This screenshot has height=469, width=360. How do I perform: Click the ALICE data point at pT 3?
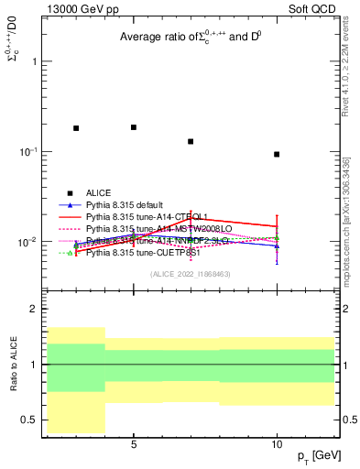click(76, 128)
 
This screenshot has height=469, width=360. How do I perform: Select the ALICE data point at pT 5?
click(134, 127)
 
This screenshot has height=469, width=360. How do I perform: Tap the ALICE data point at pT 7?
click(191, 141)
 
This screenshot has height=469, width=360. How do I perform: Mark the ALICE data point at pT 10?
click(277, 154)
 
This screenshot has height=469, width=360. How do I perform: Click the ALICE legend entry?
click(99, 192)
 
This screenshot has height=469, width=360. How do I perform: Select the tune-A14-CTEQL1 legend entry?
click(141, 217)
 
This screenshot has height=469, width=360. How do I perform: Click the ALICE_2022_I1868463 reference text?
click(191, 274)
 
